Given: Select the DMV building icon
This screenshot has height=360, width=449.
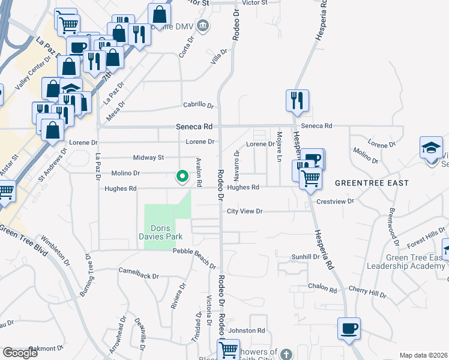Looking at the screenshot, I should [x=203, y=25].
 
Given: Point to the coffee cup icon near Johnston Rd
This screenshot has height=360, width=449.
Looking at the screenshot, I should [x=349, y=328].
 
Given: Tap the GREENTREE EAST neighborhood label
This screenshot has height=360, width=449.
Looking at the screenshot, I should [x=372, y=182].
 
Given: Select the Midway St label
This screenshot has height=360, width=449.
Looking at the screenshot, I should [x=148, y=157].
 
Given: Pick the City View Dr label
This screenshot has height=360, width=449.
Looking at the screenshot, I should [x=245, y=211].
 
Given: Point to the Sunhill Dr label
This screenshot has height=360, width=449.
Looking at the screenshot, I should [x=305, y=257].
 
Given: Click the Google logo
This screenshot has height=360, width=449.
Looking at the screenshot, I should [x=20, y=352].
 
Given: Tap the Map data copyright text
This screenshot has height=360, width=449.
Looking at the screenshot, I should [x=423, y=355].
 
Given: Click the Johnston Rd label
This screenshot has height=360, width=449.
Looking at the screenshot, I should [x=247, y=331].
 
